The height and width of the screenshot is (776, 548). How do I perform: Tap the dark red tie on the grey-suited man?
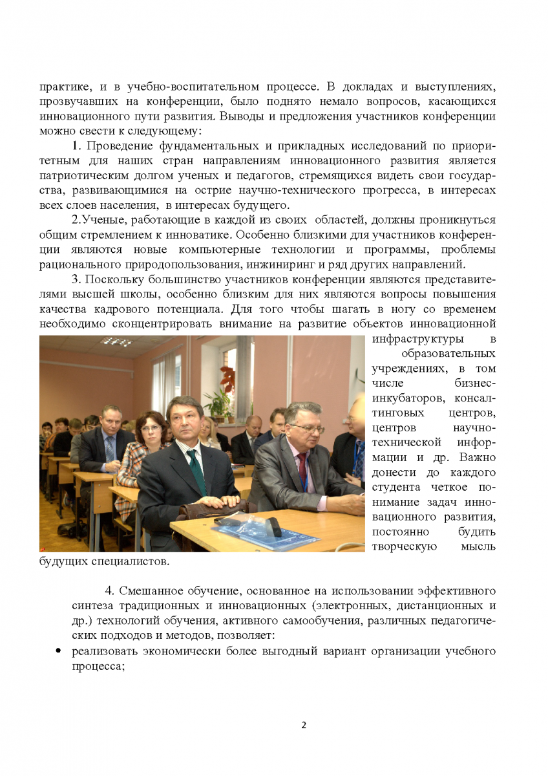(x=302, y=471)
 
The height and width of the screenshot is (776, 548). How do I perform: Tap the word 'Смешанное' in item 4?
(x=147, y=591)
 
